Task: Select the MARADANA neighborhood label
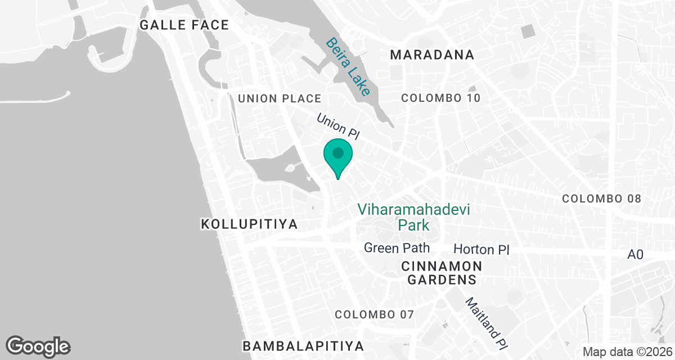[432, 55]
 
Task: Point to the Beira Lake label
[349, 66]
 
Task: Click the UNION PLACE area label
[279, 98]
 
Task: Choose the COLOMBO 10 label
[441, 98]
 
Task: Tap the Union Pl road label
[337, 127]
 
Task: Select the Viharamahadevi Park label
[414, 217]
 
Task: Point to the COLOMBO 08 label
[602, 199]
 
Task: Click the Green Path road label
[397, 247]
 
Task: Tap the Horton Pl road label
[481, 249]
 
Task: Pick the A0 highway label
[635, 255]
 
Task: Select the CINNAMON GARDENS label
[442, 272]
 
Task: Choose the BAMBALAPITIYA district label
[303, 345]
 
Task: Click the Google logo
[38, 346]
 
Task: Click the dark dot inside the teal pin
[337, 152]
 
